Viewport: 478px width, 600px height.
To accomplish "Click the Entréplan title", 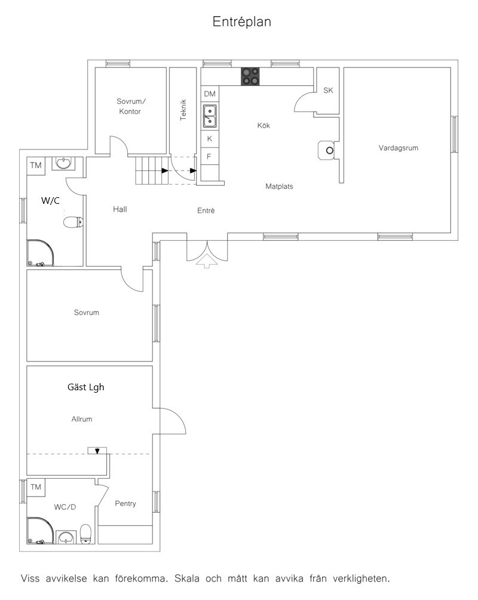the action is point(242,22).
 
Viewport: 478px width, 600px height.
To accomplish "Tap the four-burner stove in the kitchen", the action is point(250,76).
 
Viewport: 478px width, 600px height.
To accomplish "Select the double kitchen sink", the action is point(209,116).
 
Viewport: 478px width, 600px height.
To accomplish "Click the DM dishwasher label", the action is point(209,94).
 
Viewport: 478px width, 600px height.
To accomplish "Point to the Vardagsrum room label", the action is point(399,148).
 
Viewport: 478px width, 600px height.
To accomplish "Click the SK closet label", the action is point(328,90).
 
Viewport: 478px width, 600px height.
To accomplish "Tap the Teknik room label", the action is point(183,110).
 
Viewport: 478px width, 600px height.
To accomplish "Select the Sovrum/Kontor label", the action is point(131,106).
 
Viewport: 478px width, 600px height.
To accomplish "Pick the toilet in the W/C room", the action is point(73,222).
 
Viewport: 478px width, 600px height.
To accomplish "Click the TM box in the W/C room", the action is point(36,166).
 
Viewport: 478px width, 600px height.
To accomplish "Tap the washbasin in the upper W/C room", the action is point(63,163).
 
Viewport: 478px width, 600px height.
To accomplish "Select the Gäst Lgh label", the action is point(85,387).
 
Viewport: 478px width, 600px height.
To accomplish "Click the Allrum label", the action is point(82,419).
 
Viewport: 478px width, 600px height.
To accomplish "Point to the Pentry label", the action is point(125,504).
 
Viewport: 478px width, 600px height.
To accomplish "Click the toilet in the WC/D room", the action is point(86,534).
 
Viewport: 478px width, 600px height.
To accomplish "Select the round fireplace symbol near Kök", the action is point(328,151).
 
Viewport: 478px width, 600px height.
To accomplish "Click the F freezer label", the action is point(209,157).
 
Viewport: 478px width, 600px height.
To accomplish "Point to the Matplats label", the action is point(280,186).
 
